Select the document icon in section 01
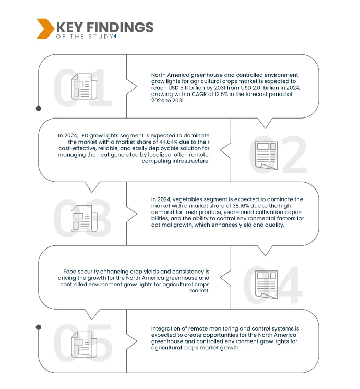point(82,87)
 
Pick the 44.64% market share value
point(172,142)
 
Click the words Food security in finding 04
point(79,272)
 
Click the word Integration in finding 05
point(165,328)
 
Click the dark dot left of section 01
point(38,109)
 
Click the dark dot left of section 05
point(38,327)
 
